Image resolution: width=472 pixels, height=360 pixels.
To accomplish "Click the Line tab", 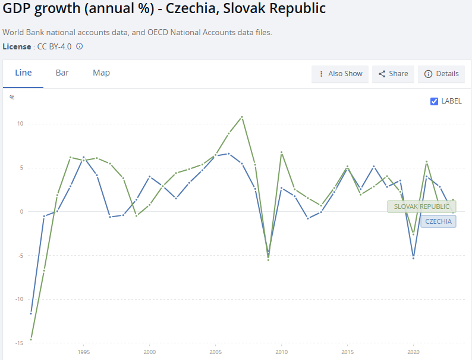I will tap(23, 73).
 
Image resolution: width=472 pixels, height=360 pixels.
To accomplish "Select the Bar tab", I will tap(62, 73).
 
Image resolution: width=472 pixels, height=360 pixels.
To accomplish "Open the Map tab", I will tap(101, 73).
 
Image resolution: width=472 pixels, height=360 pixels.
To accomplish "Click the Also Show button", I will tap(340, 74).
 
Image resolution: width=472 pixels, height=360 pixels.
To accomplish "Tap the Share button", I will tap(393, 74).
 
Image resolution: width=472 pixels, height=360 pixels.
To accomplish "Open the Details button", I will tap(442, 74).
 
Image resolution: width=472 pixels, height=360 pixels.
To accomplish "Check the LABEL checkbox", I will tap(434, 101).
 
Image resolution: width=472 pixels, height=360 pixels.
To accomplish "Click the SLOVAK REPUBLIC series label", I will tap(421, 206).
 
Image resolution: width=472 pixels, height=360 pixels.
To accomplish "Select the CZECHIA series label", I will tap(438, 221).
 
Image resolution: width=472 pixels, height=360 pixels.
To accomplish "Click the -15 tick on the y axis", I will tap(19, 343).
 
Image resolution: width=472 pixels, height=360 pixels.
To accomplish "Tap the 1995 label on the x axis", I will tap(83, 352).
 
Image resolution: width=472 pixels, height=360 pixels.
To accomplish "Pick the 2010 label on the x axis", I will tap(281, 352).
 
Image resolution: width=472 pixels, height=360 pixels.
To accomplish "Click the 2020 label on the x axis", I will tap(413, 352).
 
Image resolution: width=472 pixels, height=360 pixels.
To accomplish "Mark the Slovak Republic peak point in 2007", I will tap(242, 117).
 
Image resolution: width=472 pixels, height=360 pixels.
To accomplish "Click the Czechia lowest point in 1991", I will tap(31, 313).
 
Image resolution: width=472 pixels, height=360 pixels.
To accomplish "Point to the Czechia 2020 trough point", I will tap(413, 258).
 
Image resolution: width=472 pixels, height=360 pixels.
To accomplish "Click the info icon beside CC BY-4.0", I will tap(80, 46).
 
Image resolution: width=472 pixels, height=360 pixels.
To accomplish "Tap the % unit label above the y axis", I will tap(12, 97).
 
